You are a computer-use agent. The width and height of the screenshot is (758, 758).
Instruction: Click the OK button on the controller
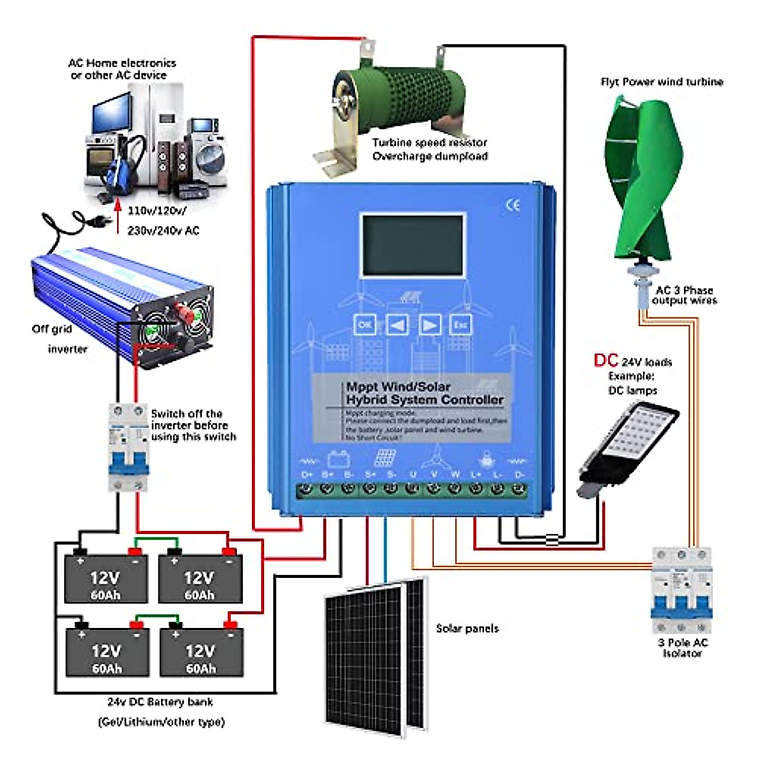365,325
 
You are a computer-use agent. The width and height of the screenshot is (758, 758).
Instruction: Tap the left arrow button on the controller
397,325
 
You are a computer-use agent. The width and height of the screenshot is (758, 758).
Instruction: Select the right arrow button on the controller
430,325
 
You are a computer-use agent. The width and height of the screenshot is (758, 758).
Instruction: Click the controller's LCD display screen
413,245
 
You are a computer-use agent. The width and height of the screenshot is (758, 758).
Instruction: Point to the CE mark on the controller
513,205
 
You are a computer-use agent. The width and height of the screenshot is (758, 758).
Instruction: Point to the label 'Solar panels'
467,629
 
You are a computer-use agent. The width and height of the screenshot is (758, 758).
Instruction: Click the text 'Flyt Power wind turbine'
661,82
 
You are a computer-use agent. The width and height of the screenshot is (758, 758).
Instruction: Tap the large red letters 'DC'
606,360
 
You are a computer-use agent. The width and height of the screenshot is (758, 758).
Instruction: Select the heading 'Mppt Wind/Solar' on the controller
398,387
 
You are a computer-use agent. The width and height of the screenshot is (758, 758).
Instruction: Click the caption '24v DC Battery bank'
160,702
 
